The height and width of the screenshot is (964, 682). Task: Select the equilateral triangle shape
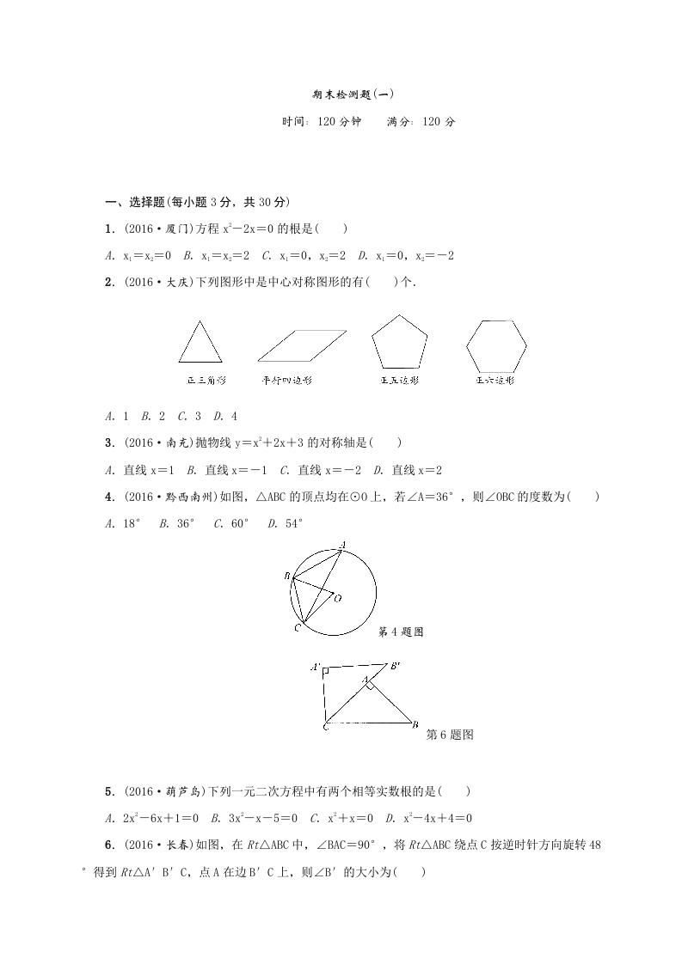click(200, 343)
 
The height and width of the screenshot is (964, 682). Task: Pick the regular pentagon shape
click(399, 342)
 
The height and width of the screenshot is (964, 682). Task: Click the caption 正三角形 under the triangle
click(202, 380)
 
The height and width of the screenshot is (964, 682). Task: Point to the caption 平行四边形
click(288, 380)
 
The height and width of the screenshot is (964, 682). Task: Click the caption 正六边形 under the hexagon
click(495, 380)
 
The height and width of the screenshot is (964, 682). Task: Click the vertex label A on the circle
click(343, 544)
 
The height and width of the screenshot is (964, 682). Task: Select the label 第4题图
click(402, 632)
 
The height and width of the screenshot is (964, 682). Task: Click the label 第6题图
click(451, 735)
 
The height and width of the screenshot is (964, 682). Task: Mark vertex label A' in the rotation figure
click(316, 667)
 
